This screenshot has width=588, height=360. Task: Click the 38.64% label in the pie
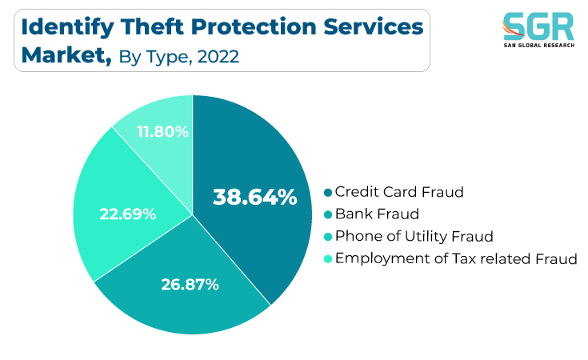(255, 197)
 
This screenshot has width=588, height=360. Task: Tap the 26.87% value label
(190, 285)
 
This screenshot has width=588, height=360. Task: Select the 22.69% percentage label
(127, 214)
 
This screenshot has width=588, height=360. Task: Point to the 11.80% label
(162, 132)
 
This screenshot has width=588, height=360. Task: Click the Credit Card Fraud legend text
(399, 192)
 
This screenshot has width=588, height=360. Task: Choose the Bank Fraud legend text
(377, 214)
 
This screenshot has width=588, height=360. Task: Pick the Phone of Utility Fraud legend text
(414, 237)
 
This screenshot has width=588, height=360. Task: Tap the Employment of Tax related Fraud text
(456, 258)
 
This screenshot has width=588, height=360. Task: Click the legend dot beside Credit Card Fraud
(328, 192)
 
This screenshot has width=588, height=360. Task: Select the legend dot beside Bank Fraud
(328, 214)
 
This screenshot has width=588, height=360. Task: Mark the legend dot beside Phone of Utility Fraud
(328, 237)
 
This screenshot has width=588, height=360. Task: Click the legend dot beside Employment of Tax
(328, 258)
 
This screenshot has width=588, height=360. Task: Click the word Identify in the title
(67, 28)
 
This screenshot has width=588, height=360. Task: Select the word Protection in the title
(254, 27)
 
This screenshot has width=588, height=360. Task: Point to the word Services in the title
(374, 27)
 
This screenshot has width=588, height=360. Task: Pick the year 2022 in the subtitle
(218, 57)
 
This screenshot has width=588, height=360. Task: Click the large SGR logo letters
(538, 26)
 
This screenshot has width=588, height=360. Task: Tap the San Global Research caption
(538, 46)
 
